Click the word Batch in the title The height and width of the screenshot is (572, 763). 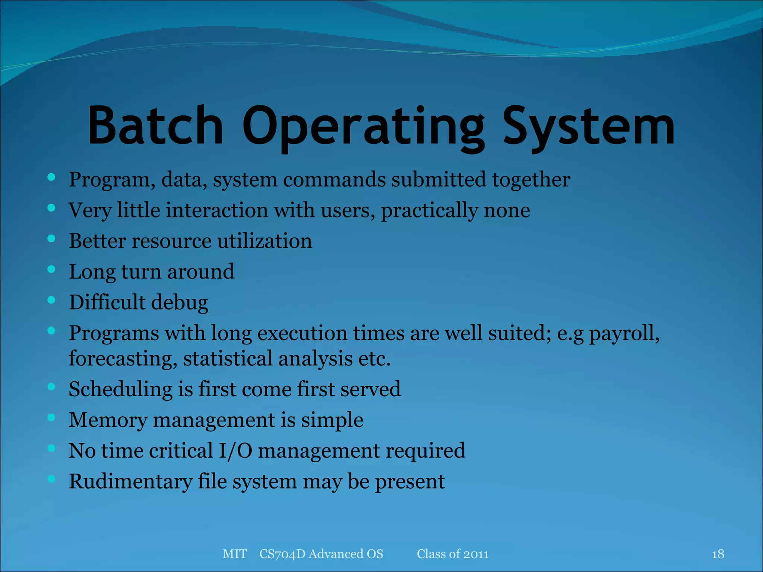coord(155,125)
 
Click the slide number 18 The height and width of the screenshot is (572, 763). coord(718,554)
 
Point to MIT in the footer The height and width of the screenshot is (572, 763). coord(234,554)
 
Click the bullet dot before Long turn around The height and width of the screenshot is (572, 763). coord(51,269)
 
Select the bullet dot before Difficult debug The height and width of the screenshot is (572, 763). coord(51,299)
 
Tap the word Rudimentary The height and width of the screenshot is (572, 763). coord(130,482)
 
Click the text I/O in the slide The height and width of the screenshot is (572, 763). coord(235,451)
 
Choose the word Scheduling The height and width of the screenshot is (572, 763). coord(120,390)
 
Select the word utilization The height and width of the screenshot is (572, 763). coord(265,241)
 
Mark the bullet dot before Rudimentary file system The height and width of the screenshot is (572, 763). coord(51,479)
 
